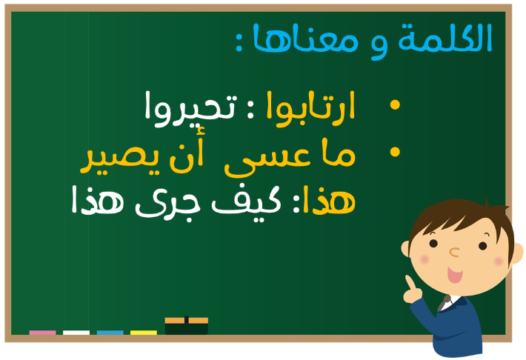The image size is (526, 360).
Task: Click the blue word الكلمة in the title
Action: pyautogui.click(x=445, y=38)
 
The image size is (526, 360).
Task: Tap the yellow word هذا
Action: pyautogui.click(x=329, y=201)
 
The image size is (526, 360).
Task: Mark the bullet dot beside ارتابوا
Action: pyautogui.click(x=395, y=104)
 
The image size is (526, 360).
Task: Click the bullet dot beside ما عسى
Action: pyautogui.click(x=395, y=152)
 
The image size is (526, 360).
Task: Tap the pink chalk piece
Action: pyautogui.click(x=43, y=333)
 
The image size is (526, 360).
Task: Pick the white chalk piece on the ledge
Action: pyautogui.click(x=76, y=333)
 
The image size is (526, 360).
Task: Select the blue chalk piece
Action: pyautogui.click(x=110, y=333)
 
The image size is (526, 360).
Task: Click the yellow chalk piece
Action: pyautogui.click(x=144, y=333)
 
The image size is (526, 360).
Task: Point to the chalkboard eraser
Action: pyautogui.click(x=187, y=325)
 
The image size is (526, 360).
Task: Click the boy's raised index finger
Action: pyautogui.click(x=410, y=282)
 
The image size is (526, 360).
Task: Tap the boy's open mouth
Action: pyautogui.click(x=455, y=275)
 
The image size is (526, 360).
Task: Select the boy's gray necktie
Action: pyautogui.click(x=444, y=303)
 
